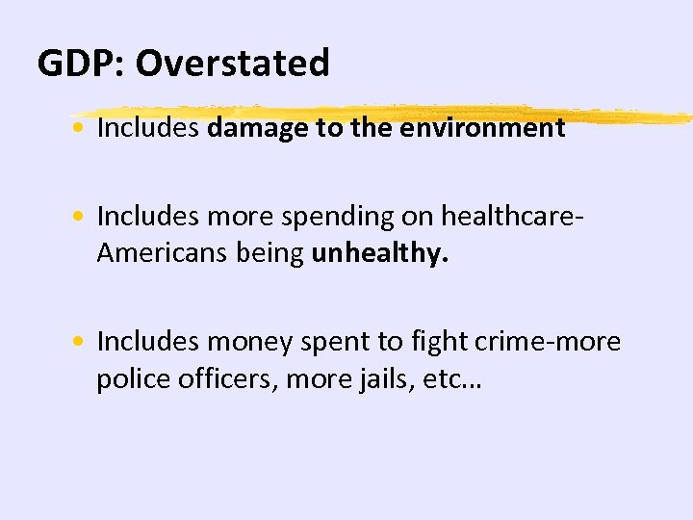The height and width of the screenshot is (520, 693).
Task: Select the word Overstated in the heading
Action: pyautogui.click(x=232, y=64)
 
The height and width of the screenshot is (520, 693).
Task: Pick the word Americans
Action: pyautogui.click(x=150, y=254)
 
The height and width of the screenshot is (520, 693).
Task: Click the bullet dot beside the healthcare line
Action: pyautogui.click(x=86, y=217)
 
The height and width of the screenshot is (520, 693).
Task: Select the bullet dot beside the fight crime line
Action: pyautogui.click(x=86, y=342)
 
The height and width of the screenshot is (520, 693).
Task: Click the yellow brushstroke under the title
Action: pyautogui.click(x=385, y=113)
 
